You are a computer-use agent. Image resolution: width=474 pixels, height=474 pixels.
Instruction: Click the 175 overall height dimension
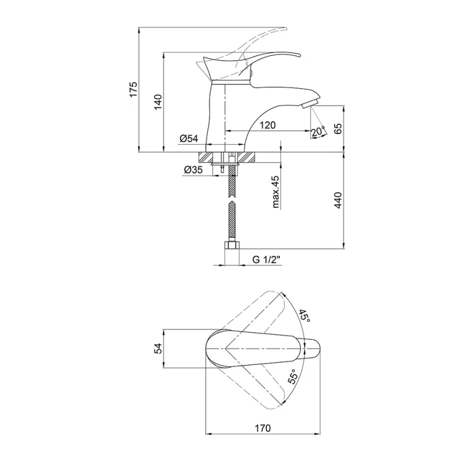pos(134,89)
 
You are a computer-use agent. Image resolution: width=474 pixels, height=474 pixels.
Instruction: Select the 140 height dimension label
pos(158,102)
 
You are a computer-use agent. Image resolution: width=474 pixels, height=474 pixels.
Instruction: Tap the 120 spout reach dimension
pos(267,125)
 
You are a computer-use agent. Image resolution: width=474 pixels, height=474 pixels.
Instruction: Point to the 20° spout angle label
pos(318,132)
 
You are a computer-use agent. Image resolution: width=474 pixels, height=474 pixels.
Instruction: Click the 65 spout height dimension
pos(338,128)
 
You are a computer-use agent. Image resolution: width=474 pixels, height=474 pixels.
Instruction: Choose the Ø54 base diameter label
pos(189,139)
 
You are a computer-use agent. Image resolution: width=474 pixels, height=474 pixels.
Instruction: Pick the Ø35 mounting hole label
pos(193,170)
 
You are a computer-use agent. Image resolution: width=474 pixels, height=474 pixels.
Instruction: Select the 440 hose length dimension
pos(338,200)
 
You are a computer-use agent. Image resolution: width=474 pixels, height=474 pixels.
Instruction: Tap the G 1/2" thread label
pos(266,260)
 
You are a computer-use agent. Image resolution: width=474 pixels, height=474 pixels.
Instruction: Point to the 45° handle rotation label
pos(304,316)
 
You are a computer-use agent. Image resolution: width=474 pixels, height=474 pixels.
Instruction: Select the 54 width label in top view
pos(158,348)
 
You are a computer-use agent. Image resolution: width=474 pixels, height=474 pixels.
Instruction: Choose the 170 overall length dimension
pos(263,428)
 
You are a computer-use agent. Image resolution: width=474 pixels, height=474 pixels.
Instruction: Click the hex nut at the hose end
pos(232,245)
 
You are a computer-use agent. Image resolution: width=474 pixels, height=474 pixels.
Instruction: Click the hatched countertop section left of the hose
pos(206,157)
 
